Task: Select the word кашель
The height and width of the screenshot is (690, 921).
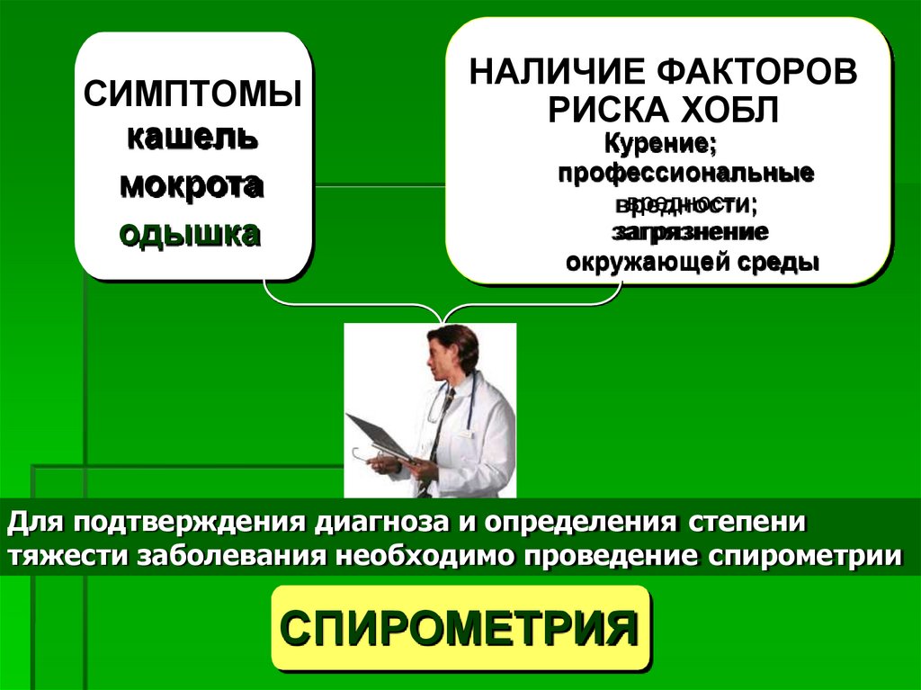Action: (192, 139)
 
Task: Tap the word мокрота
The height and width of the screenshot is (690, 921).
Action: (192, 185)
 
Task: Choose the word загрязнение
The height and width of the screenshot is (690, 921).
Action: (690, 232)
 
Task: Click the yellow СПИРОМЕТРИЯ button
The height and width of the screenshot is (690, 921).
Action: (460, 628)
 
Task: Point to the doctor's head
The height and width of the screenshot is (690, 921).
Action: (450, 351)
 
